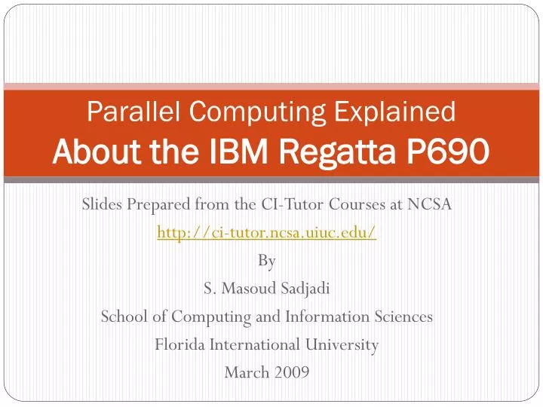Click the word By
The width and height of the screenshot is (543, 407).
click(267, 261)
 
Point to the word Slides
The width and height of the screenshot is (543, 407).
click(103, 205)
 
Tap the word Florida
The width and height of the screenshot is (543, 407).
click(180, 344)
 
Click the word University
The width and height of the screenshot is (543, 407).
click(342, 344)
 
